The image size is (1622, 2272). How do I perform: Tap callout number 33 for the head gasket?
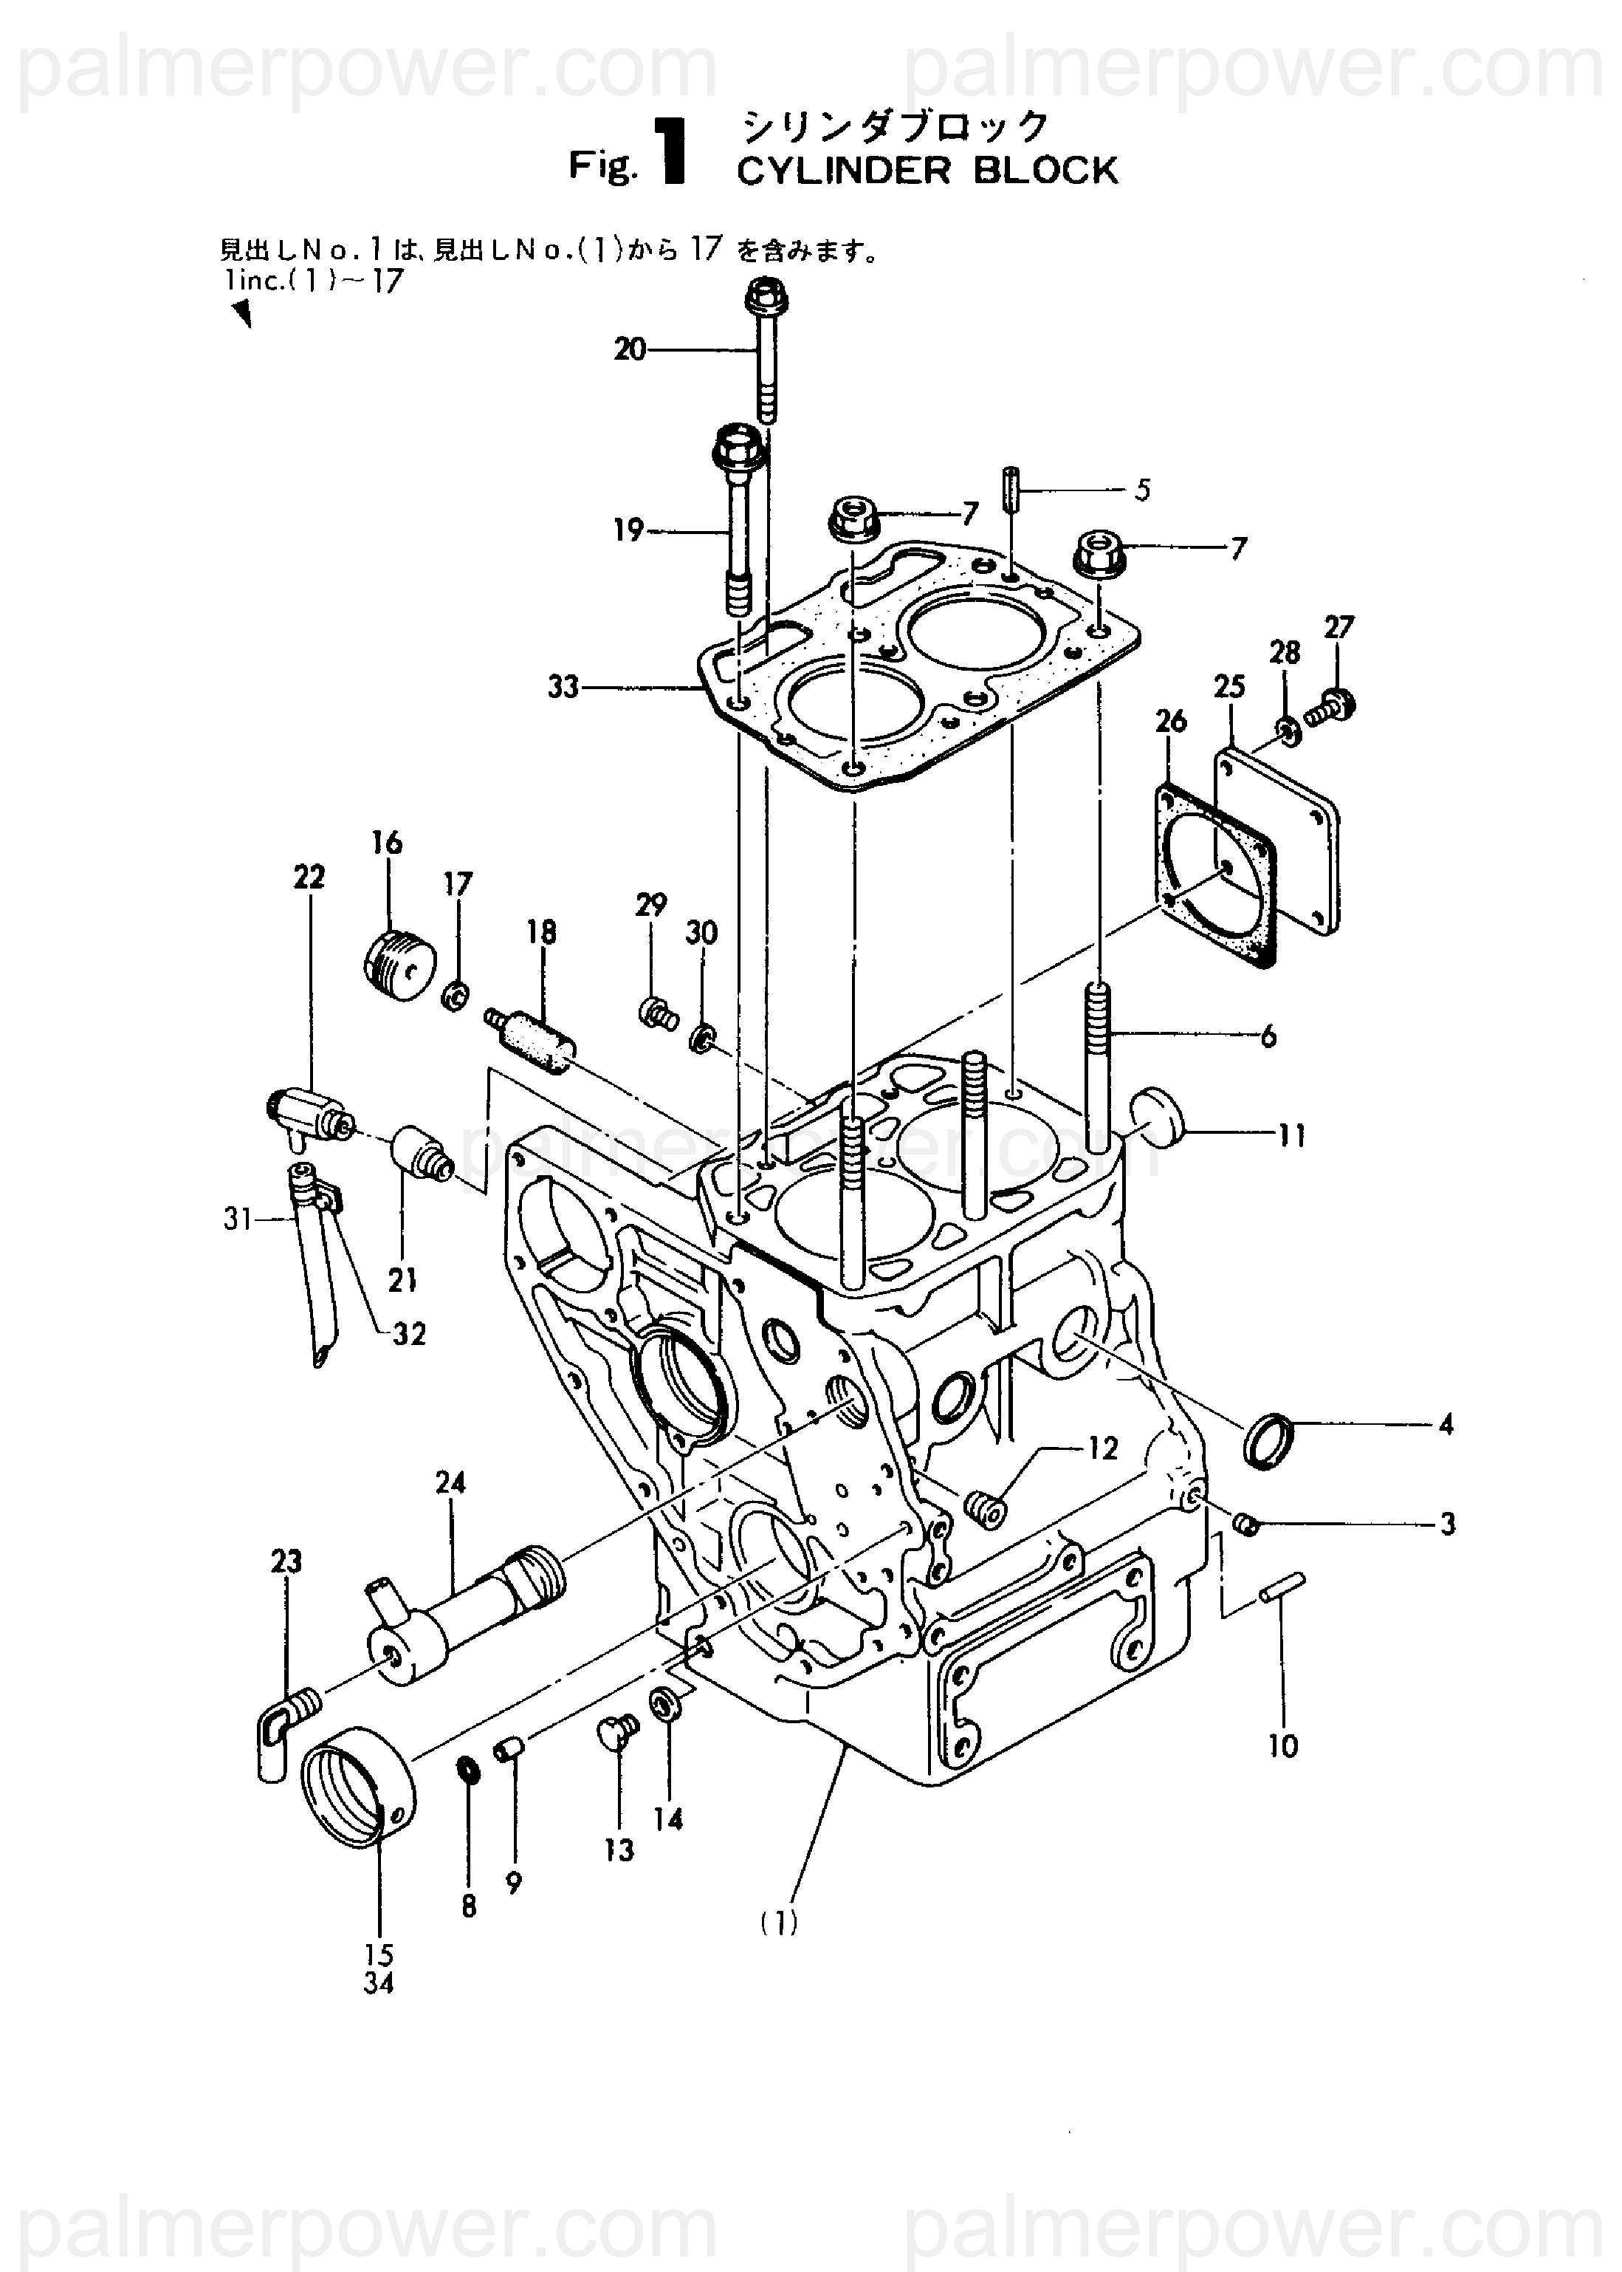tap(563, 688)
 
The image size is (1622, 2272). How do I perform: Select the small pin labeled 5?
tap(1011, 490)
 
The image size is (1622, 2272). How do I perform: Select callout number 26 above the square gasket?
tap(1171, 720)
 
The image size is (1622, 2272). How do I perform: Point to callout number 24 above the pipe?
tap(450, 1482)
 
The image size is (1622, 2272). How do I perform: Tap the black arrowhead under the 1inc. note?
tap(241, 315)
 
